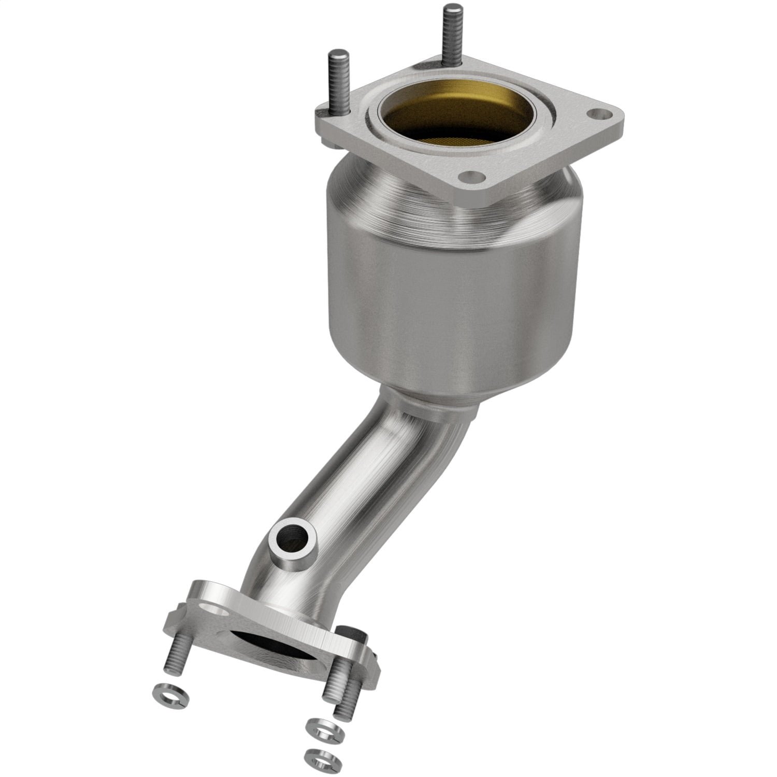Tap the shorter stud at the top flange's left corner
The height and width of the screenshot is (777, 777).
point(336,83)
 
